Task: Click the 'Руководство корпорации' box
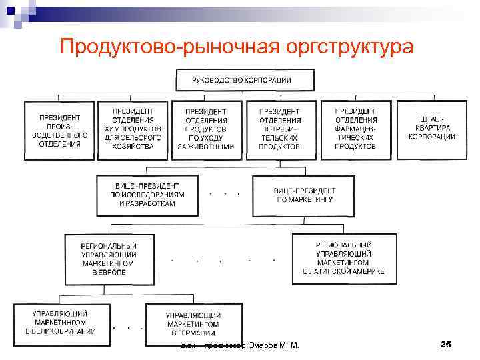(x=242, y=80)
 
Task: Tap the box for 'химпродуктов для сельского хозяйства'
(x=132, y=129)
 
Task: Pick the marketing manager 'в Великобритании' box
(x=61, y=323)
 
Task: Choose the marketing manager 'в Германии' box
(x=193, y=324)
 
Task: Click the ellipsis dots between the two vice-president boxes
(x=224, y=194)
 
